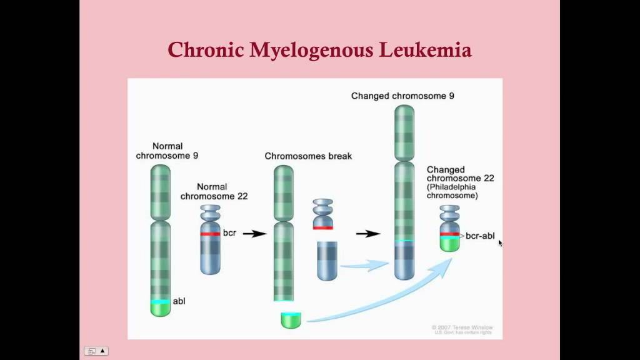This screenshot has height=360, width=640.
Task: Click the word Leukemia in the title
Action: (x=424, y=49)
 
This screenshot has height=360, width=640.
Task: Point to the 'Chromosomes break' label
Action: (x=308, y=156)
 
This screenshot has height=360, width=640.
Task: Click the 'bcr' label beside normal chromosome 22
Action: (x=229, y=233)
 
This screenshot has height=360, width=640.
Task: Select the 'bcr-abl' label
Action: (x=480, y=236)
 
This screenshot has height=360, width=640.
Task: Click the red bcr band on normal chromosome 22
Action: (x=210, y=234)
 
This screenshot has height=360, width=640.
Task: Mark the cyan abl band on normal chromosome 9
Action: (x=161, y=302)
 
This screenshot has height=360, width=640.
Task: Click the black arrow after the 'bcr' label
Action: (x=254, y=234)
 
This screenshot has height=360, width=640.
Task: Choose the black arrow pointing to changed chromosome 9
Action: (x=368, y=234)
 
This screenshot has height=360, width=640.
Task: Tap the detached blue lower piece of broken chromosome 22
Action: (x=327, y=261)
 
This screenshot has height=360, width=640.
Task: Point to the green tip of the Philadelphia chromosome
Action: (x=449, y=244)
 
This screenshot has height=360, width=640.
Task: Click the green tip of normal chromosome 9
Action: (x=161, y=309)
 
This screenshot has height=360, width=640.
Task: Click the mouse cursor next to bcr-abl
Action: (x=500, y=242)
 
